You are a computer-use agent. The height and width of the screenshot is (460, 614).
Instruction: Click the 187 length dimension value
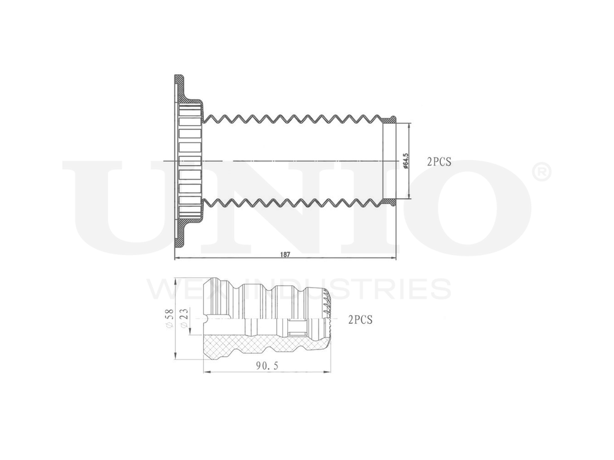(285, 253)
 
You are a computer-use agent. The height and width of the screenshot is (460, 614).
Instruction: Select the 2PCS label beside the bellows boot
(439, 162)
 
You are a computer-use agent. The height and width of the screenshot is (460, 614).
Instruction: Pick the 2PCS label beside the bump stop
(360, 320)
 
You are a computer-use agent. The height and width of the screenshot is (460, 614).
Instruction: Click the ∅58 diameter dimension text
(169, 319)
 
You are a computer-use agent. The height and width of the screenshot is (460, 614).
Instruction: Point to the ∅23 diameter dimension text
(184, 319)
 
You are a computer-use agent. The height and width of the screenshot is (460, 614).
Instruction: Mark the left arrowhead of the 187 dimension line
(177, 258)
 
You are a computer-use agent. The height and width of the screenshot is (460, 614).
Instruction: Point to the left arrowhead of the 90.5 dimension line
(206, 372)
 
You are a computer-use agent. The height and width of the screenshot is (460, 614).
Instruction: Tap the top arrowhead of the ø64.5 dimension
(408, 125)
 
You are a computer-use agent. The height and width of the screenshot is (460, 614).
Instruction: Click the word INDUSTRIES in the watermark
(356, 289)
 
